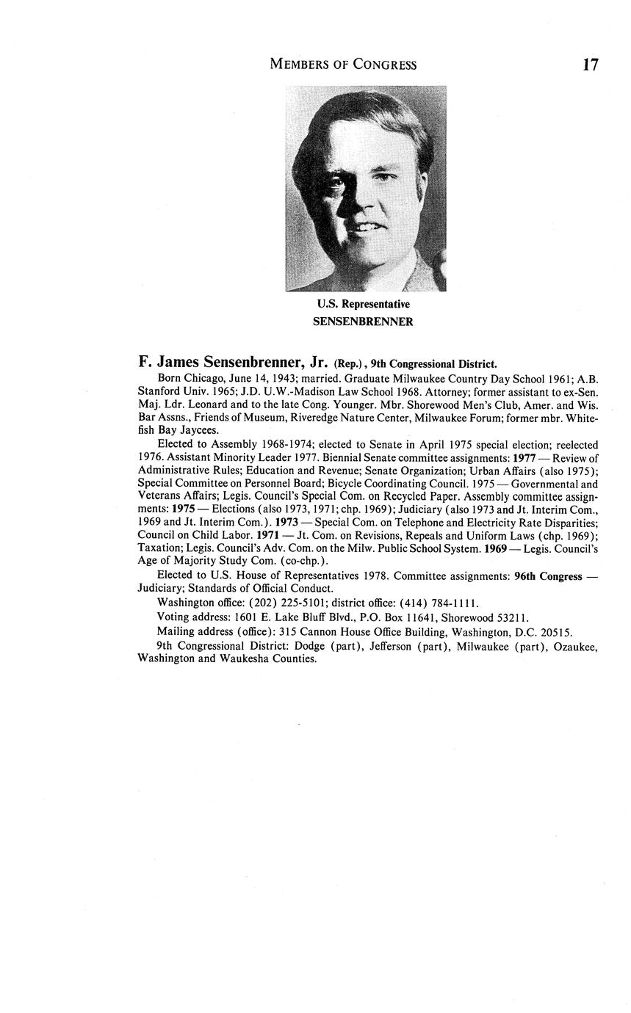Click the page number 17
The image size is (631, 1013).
tap(591, 65)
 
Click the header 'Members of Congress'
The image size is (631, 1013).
tap(343, 65)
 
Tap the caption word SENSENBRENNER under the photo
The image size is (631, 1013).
tap(363, 322)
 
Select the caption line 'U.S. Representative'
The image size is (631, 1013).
tap(363, 304)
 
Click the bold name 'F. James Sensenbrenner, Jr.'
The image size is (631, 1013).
tap(233, 362)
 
